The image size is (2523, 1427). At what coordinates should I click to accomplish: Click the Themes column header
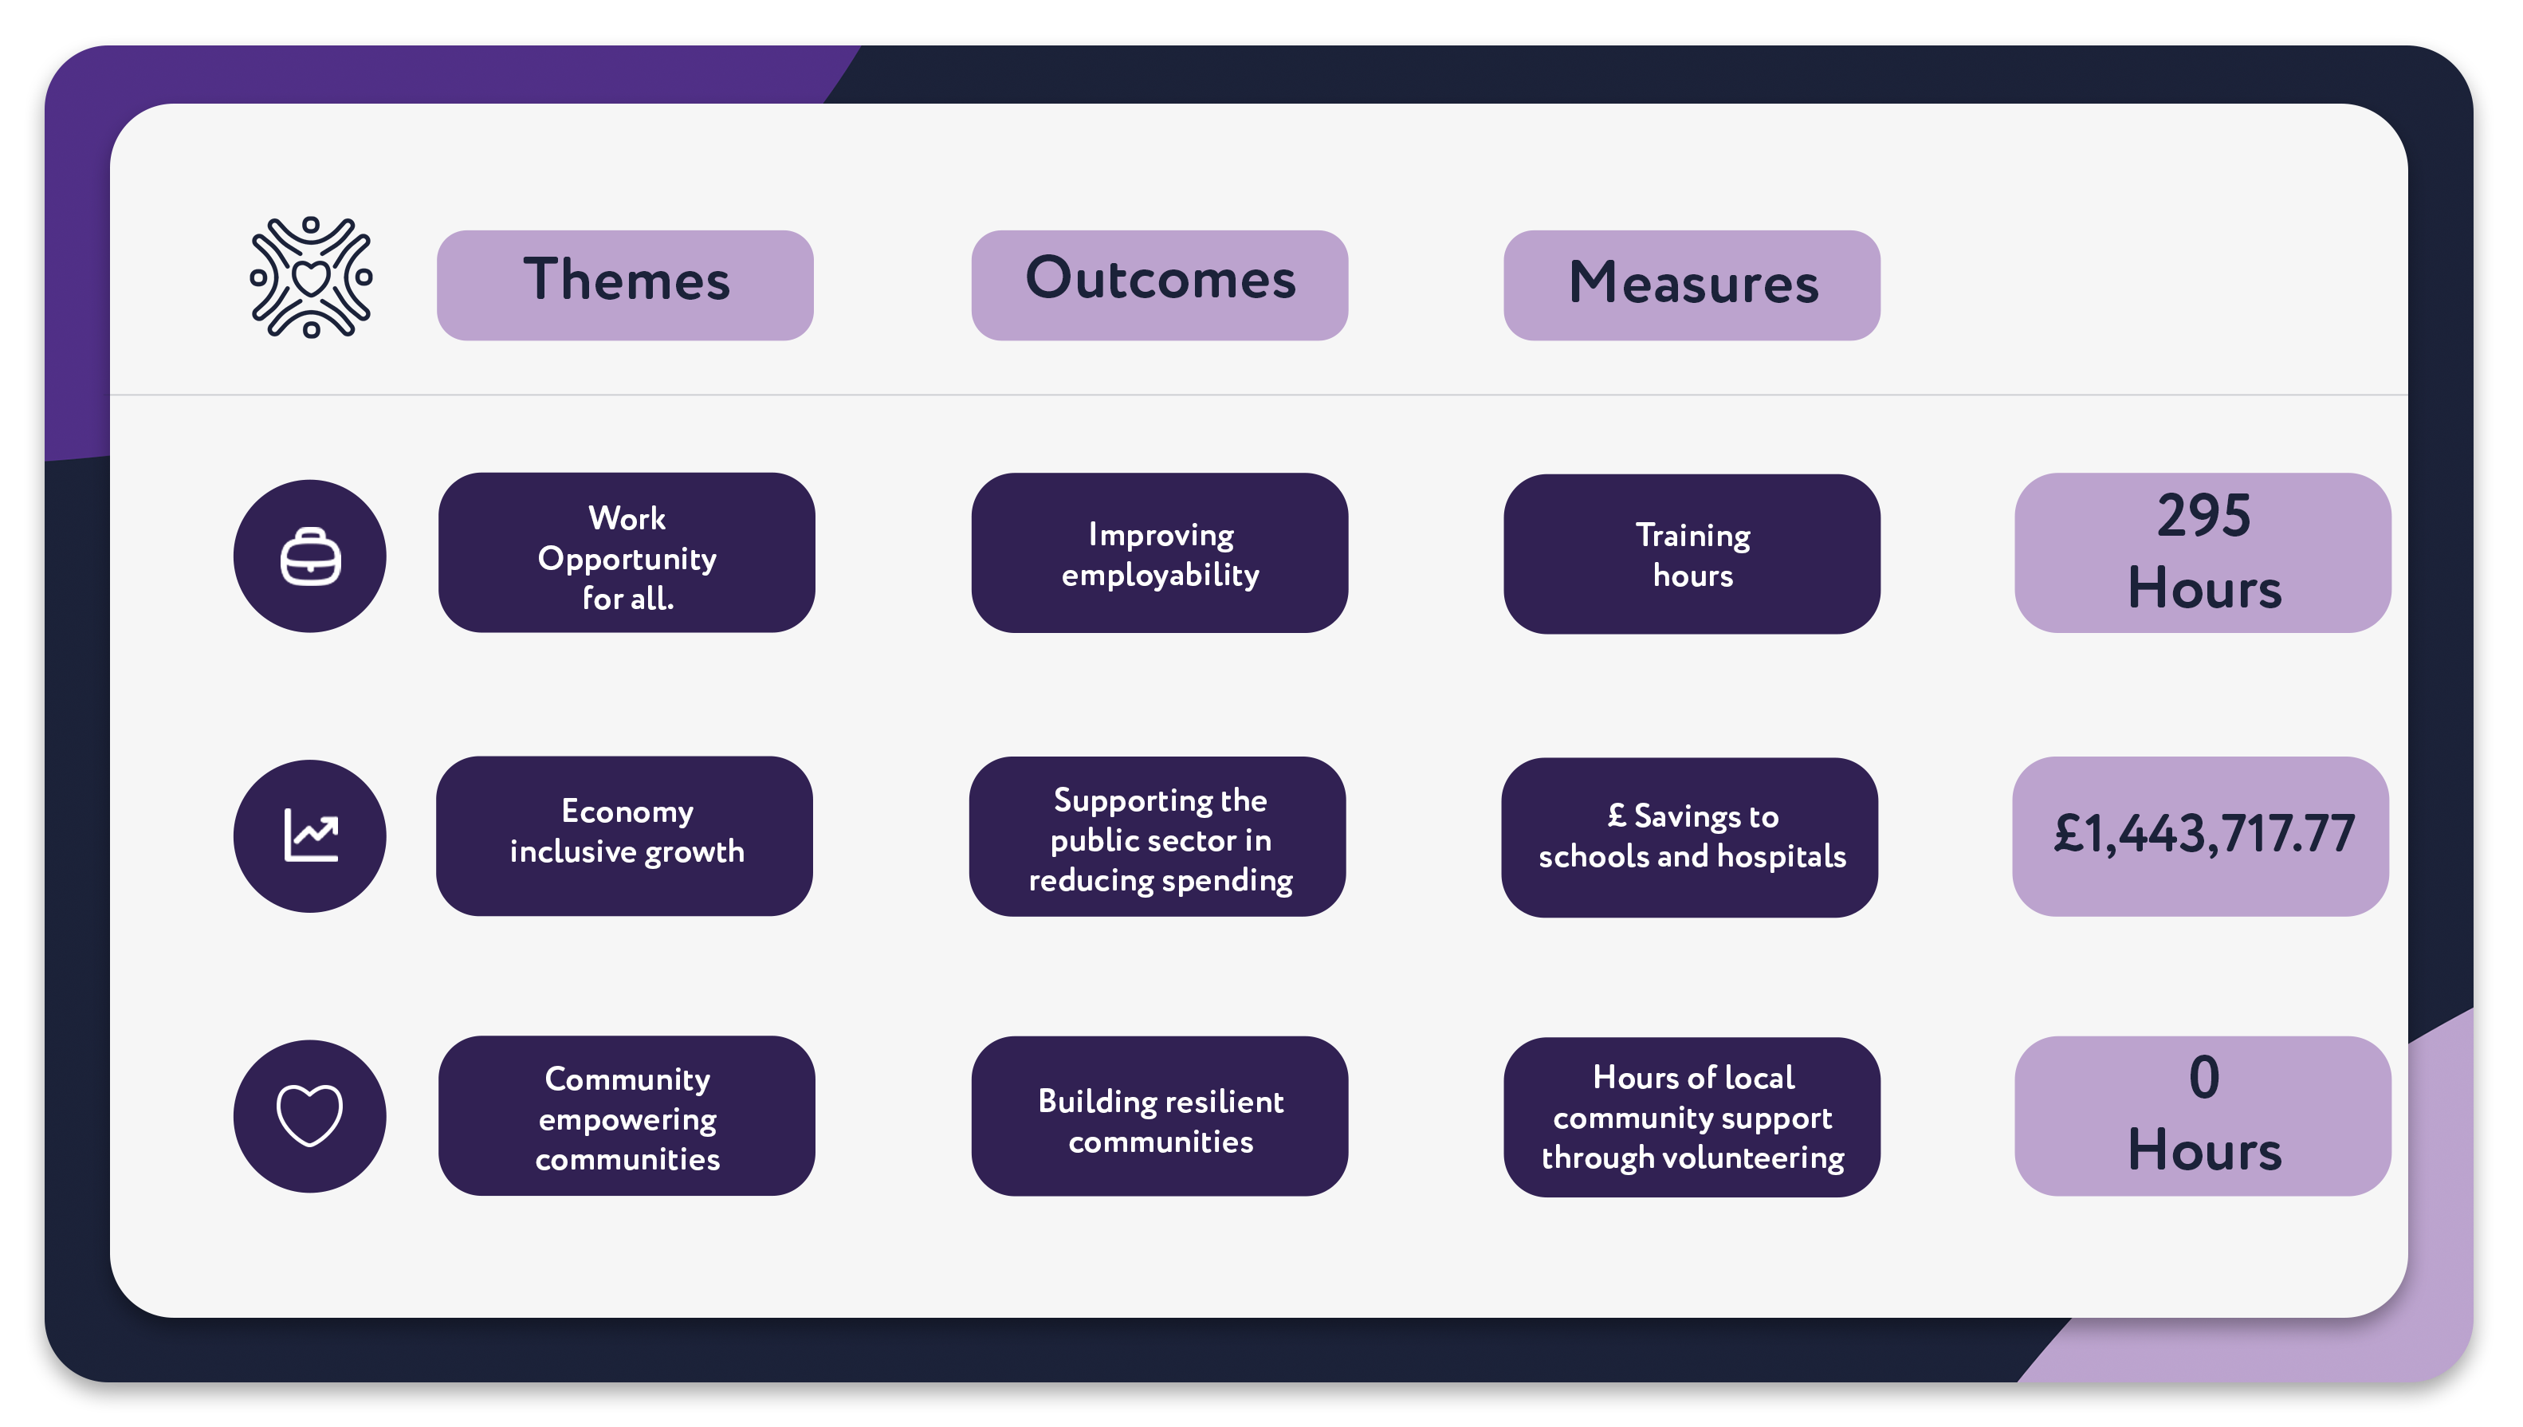coord(625,285)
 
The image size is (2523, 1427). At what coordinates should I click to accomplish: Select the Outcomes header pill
coord(1159,285)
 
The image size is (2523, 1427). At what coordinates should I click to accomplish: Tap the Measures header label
coord(1692,285)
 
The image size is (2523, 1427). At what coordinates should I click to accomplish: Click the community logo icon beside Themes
coord(311,277)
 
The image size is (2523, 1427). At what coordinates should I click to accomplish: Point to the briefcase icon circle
coord(309,556)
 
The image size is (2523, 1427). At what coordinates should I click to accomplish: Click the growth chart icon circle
coord(309,836)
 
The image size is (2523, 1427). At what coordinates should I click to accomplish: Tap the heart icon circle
coord(309,1116)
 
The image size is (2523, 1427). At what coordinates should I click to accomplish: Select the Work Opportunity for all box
coord(626,552)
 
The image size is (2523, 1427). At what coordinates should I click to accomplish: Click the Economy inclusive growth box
coord(624,836)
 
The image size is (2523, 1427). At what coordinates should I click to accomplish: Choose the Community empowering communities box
coord(626,1116)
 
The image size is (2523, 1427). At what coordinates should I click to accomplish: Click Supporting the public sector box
coord(1157,836)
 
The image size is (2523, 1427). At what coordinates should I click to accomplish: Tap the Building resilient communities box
coord(1159,1116)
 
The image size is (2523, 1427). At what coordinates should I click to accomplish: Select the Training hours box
coord(1692,554)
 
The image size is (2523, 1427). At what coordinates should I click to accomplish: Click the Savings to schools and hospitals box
coord(1690,837)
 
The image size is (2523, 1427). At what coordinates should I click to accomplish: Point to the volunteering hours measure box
coord(1692,1118)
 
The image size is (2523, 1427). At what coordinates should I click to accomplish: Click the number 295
coord(2203,516)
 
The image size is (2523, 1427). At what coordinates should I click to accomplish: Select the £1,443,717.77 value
coord(2203,834)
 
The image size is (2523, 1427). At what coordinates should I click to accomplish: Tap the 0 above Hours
coord(2203,1077)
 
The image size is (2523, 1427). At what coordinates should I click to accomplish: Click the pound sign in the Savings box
coord(1617,815)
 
